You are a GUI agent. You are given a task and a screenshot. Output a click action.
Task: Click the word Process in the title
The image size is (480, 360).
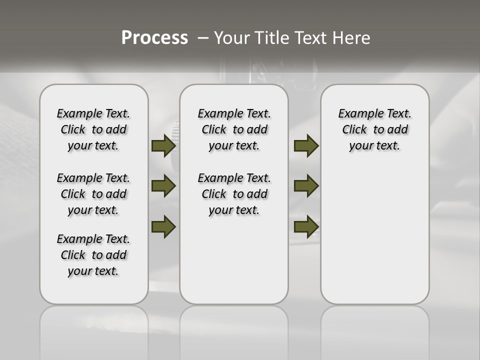(x=154, y=38)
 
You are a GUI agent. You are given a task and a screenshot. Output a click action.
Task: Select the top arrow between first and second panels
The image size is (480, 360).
(x=163, y=145)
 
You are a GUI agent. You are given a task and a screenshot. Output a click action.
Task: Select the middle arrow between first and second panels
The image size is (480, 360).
(x=163, y=186)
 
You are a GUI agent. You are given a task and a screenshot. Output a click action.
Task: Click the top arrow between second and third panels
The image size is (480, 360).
(x=306, y=145)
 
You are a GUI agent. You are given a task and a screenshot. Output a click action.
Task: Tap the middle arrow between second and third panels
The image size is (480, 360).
(x=306, y=186)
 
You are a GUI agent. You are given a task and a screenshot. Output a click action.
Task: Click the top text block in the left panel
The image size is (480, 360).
(x=93, y=129)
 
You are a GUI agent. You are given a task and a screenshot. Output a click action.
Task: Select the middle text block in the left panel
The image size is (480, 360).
(x=93, y=194)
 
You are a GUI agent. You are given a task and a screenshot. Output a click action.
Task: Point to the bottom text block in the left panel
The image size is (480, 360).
(x=93, y=255)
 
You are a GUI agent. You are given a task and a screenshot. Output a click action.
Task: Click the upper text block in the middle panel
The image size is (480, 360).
(x=234, y=129)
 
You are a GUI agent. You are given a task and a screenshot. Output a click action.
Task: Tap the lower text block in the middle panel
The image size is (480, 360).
(x=234, y=194)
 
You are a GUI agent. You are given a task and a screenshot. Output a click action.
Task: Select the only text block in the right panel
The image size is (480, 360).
(x=374, y=129)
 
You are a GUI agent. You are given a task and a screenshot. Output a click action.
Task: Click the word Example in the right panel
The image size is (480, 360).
(x=357, y=114)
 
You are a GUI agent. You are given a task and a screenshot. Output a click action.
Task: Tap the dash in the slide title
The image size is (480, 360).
(x=203, y=38)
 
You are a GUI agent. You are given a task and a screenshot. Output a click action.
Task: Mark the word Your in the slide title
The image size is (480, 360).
(x=232, y=38)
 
